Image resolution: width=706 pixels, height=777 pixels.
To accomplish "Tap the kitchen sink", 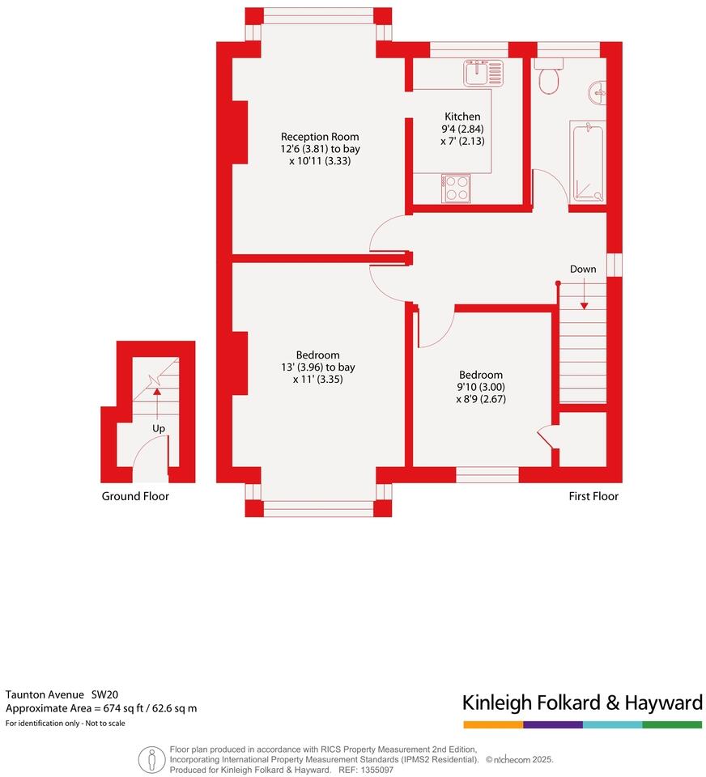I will point(483,73).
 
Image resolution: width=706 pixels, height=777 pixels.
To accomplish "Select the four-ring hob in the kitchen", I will point(456,189).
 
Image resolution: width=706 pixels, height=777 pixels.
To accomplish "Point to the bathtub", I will point(588,161).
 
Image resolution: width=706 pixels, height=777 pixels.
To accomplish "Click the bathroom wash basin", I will point(598,92).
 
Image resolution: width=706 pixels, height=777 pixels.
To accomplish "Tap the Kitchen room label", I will point(462,117).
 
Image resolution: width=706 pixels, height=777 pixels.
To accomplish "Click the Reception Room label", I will point(320,137).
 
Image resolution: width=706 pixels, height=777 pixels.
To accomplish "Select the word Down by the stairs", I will point(583,270).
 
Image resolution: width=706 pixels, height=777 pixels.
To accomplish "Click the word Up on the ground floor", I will point(160,427).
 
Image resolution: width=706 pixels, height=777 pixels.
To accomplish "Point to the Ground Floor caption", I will point(135,496).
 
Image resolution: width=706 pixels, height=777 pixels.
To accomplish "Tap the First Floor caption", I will point(593,496).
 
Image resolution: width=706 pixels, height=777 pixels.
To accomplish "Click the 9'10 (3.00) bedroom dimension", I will point(481,387).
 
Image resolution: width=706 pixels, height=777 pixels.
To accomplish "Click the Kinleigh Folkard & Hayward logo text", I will point(582,702).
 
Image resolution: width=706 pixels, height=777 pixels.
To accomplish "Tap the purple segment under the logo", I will point(552,724).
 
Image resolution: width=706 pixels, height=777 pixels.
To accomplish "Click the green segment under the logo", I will point(672,724).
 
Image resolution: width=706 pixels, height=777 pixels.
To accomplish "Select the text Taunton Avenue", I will point(45,694).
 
